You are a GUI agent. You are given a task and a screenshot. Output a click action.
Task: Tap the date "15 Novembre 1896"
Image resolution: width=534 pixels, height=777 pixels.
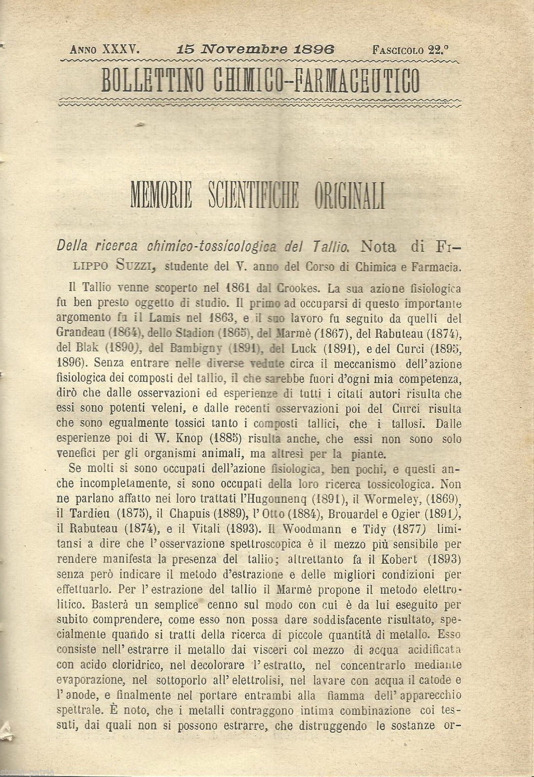[x=257, y=49]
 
